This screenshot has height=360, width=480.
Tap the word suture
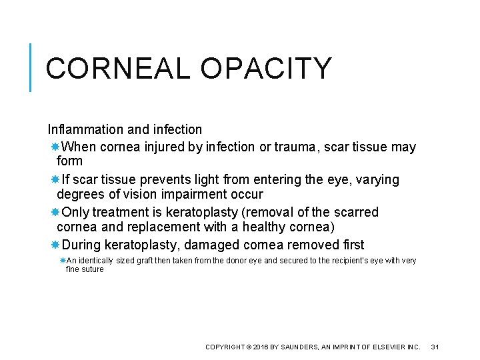(x=95, y=269)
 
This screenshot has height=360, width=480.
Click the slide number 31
(x=436, y=347)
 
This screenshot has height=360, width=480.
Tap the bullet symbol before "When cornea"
(x=56, y=147)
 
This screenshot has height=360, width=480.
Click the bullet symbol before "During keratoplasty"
(x=56, y=245)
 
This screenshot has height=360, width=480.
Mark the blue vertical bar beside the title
(x=31, y=67)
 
